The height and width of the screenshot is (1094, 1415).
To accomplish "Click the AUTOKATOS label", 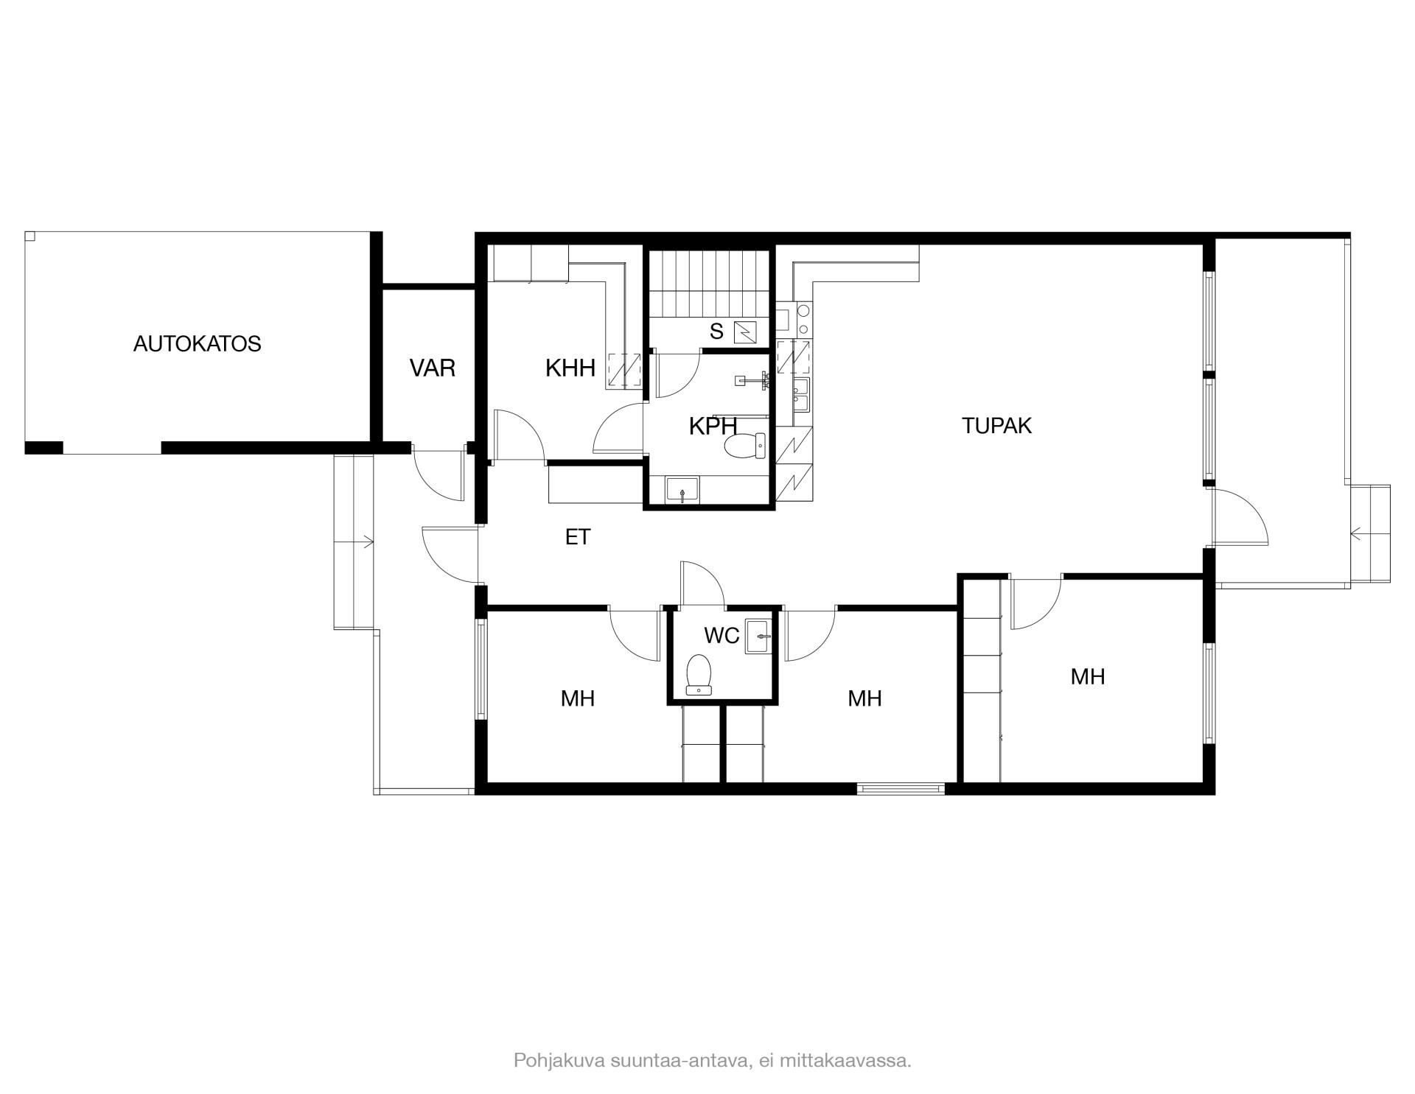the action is (197, 344).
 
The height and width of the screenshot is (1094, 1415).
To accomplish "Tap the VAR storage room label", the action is (433, 368).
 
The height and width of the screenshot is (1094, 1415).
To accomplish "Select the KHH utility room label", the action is (570, 368).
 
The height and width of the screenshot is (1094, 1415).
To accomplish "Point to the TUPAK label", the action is (996, 426).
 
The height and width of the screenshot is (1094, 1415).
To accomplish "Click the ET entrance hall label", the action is (578, 538).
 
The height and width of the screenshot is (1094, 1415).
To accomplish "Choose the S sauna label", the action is (716, 332).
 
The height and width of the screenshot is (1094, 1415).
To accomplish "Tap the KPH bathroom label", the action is (713, 427).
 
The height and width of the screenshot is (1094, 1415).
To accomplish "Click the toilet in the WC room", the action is (699, 675).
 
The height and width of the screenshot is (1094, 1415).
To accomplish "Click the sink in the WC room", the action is (759, 637).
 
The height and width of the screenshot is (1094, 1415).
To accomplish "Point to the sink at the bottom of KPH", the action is (682, 490).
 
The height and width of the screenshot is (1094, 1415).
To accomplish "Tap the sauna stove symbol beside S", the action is (746, 332).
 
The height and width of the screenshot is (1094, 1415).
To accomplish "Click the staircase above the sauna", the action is (709, 284).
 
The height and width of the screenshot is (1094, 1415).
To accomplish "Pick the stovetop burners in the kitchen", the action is (803, 319).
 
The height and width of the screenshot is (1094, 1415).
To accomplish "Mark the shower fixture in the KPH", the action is (753, 380).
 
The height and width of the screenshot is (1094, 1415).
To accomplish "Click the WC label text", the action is (722, 636).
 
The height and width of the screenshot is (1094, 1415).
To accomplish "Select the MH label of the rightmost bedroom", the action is (1088, 677).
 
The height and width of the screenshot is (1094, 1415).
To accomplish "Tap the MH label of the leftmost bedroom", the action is (578, 698).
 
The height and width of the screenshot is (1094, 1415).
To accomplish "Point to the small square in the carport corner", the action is (29, 236).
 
